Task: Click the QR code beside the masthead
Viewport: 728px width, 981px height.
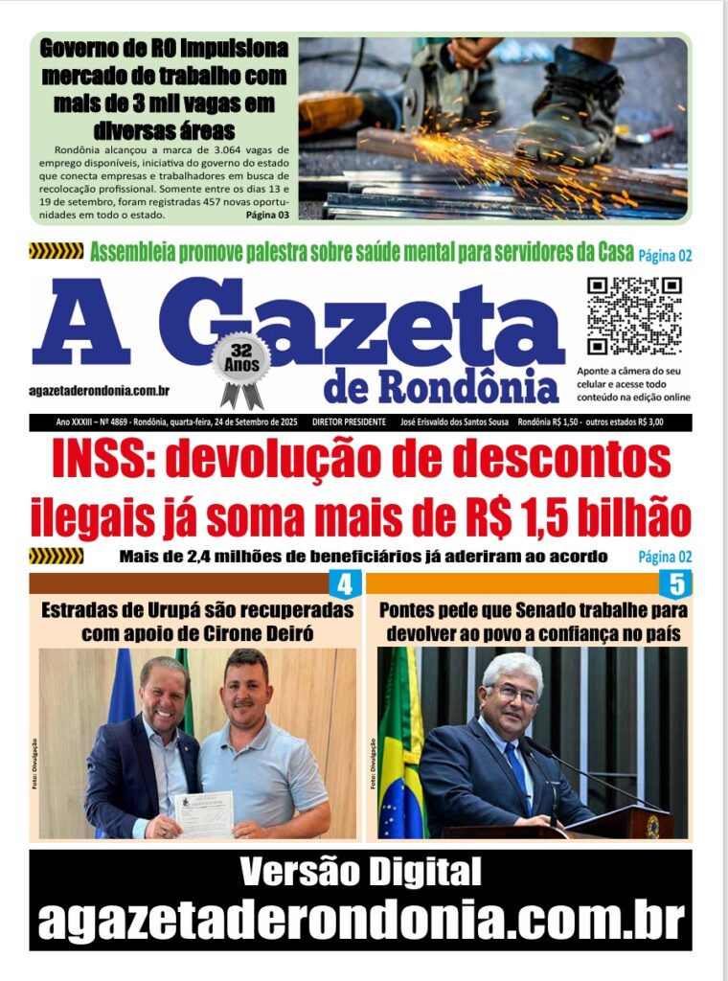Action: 633,316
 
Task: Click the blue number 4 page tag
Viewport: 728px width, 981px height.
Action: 345,584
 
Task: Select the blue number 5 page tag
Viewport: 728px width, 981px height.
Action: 675,584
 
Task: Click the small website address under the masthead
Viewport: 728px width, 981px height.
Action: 100,390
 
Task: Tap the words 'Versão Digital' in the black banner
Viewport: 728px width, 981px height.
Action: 360,873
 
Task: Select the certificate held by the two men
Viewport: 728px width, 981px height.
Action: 204,813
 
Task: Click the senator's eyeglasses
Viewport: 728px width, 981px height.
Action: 515,693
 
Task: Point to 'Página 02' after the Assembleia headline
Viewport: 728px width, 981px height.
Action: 665,255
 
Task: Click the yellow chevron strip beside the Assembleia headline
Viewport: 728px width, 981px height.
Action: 56,252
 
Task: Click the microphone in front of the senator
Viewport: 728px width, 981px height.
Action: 575,762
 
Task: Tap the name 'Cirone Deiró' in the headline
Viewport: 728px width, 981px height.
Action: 278,633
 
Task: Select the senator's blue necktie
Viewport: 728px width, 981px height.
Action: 517,767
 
